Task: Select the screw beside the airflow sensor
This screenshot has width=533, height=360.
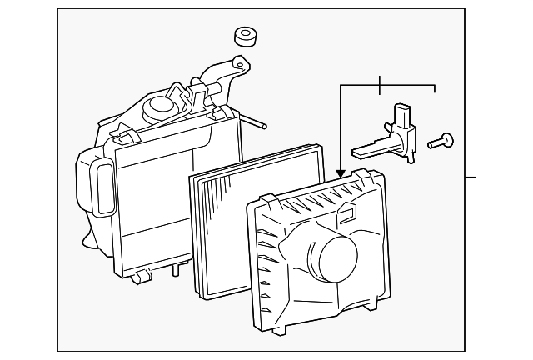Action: point(441,141)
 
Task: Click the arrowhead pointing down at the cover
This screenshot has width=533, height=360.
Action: point(340,172)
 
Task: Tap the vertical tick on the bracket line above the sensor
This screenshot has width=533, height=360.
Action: point(379,84)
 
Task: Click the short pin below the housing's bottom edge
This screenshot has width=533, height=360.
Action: point(176,270)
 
